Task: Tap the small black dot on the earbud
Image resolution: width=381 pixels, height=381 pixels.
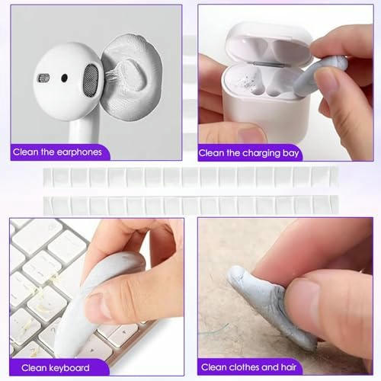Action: click(63, 78)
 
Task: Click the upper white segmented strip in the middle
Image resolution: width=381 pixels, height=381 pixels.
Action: click(190, 178)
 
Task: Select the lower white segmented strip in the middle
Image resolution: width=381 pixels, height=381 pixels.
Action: click(190, 204)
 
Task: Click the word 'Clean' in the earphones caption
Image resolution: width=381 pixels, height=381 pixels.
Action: click(27, 152)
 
